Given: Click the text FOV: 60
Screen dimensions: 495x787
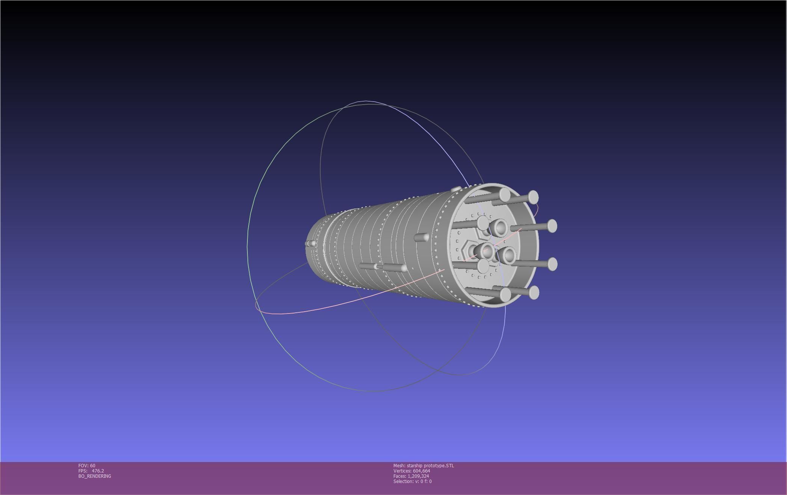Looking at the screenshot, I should [x=87, y=465].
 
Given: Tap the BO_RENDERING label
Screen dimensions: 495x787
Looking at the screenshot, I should [x=95, y=476].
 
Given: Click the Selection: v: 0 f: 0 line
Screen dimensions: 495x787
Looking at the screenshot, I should [x=412, y=481].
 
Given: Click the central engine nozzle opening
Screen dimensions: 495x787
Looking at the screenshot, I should [x=487, y=251].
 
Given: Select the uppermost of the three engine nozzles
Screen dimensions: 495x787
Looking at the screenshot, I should [x=500, y=227].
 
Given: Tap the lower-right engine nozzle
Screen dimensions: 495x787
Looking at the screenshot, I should [x=509, y=256].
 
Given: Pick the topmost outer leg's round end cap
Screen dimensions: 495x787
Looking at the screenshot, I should [x=533, y=197].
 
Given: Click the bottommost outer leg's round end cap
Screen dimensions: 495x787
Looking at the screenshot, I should [x=533, y=292].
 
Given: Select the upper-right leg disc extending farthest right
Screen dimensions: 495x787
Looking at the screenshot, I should [x=552, y=226].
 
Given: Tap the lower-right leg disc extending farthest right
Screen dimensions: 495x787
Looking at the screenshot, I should [x=552, y=264].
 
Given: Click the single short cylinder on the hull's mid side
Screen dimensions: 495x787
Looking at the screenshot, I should [x=421, y=237].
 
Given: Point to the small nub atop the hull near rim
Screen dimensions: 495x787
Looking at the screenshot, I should [x=455, y=189].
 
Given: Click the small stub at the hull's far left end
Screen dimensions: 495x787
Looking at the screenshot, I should [x=311, y=244].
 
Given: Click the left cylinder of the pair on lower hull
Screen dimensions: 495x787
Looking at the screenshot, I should [x=368, y=266].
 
